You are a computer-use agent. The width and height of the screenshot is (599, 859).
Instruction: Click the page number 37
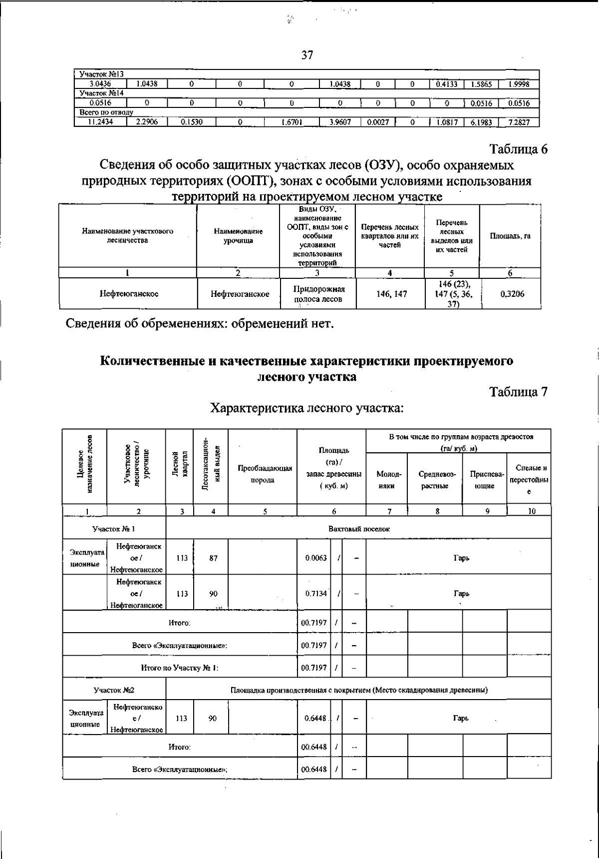[307, 55]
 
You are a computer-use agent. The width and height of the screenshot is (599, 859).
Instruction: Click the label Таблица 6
[518, 149]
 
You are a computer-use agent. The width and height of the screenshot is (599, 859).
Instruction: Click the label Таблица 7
[518, 392]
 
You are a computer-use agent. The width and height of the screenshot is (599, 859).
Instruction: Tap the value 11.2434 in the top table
[100, 122]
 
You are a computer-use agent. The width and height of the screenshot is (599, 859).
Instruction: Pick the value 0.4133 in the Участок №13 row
[446, 84]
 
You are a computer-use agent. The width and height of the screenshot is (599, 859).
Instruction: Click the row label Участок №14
[102, 93]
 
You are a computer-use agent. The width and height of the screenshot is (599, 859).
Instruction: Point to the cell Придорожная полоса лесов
[318, 294]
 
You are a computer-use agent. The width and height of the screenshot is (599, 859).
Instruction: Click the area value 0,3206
[512, 294]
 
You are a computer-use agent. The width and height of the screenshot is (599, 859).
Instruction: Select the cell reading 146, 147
[391, 294]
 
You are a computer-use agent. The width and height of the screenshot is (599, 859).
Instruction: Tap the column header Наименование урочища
[238, 236]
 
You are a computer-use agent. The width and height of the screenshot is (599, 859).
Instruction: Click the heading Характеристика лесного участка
[306, 408]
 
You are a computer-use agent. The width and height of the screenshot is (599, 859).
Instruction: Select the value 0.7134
[315, 594]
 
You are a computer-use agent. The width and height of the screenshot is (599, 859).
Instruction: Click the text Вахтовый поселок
[359, 529]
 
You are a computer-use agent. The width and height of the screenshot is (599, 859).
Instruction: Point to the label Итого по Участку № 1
[180, 667]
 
